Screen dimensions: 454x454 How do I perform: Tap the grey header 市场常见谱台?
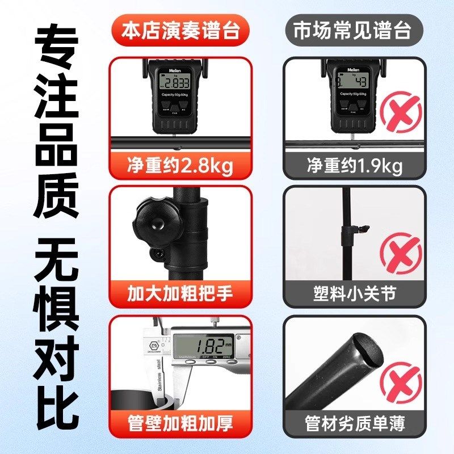352,30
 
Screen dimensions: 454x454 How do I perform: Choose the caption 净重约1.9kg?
354,166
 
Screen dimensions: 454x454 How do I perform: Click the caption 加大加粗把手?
180,294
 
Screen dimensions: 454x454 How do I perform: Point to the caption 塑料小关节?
354,294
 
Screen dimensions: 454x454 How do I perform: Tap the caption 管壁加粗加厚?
180,422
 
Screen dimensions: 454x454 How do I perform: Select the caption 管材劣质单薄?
354,422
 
